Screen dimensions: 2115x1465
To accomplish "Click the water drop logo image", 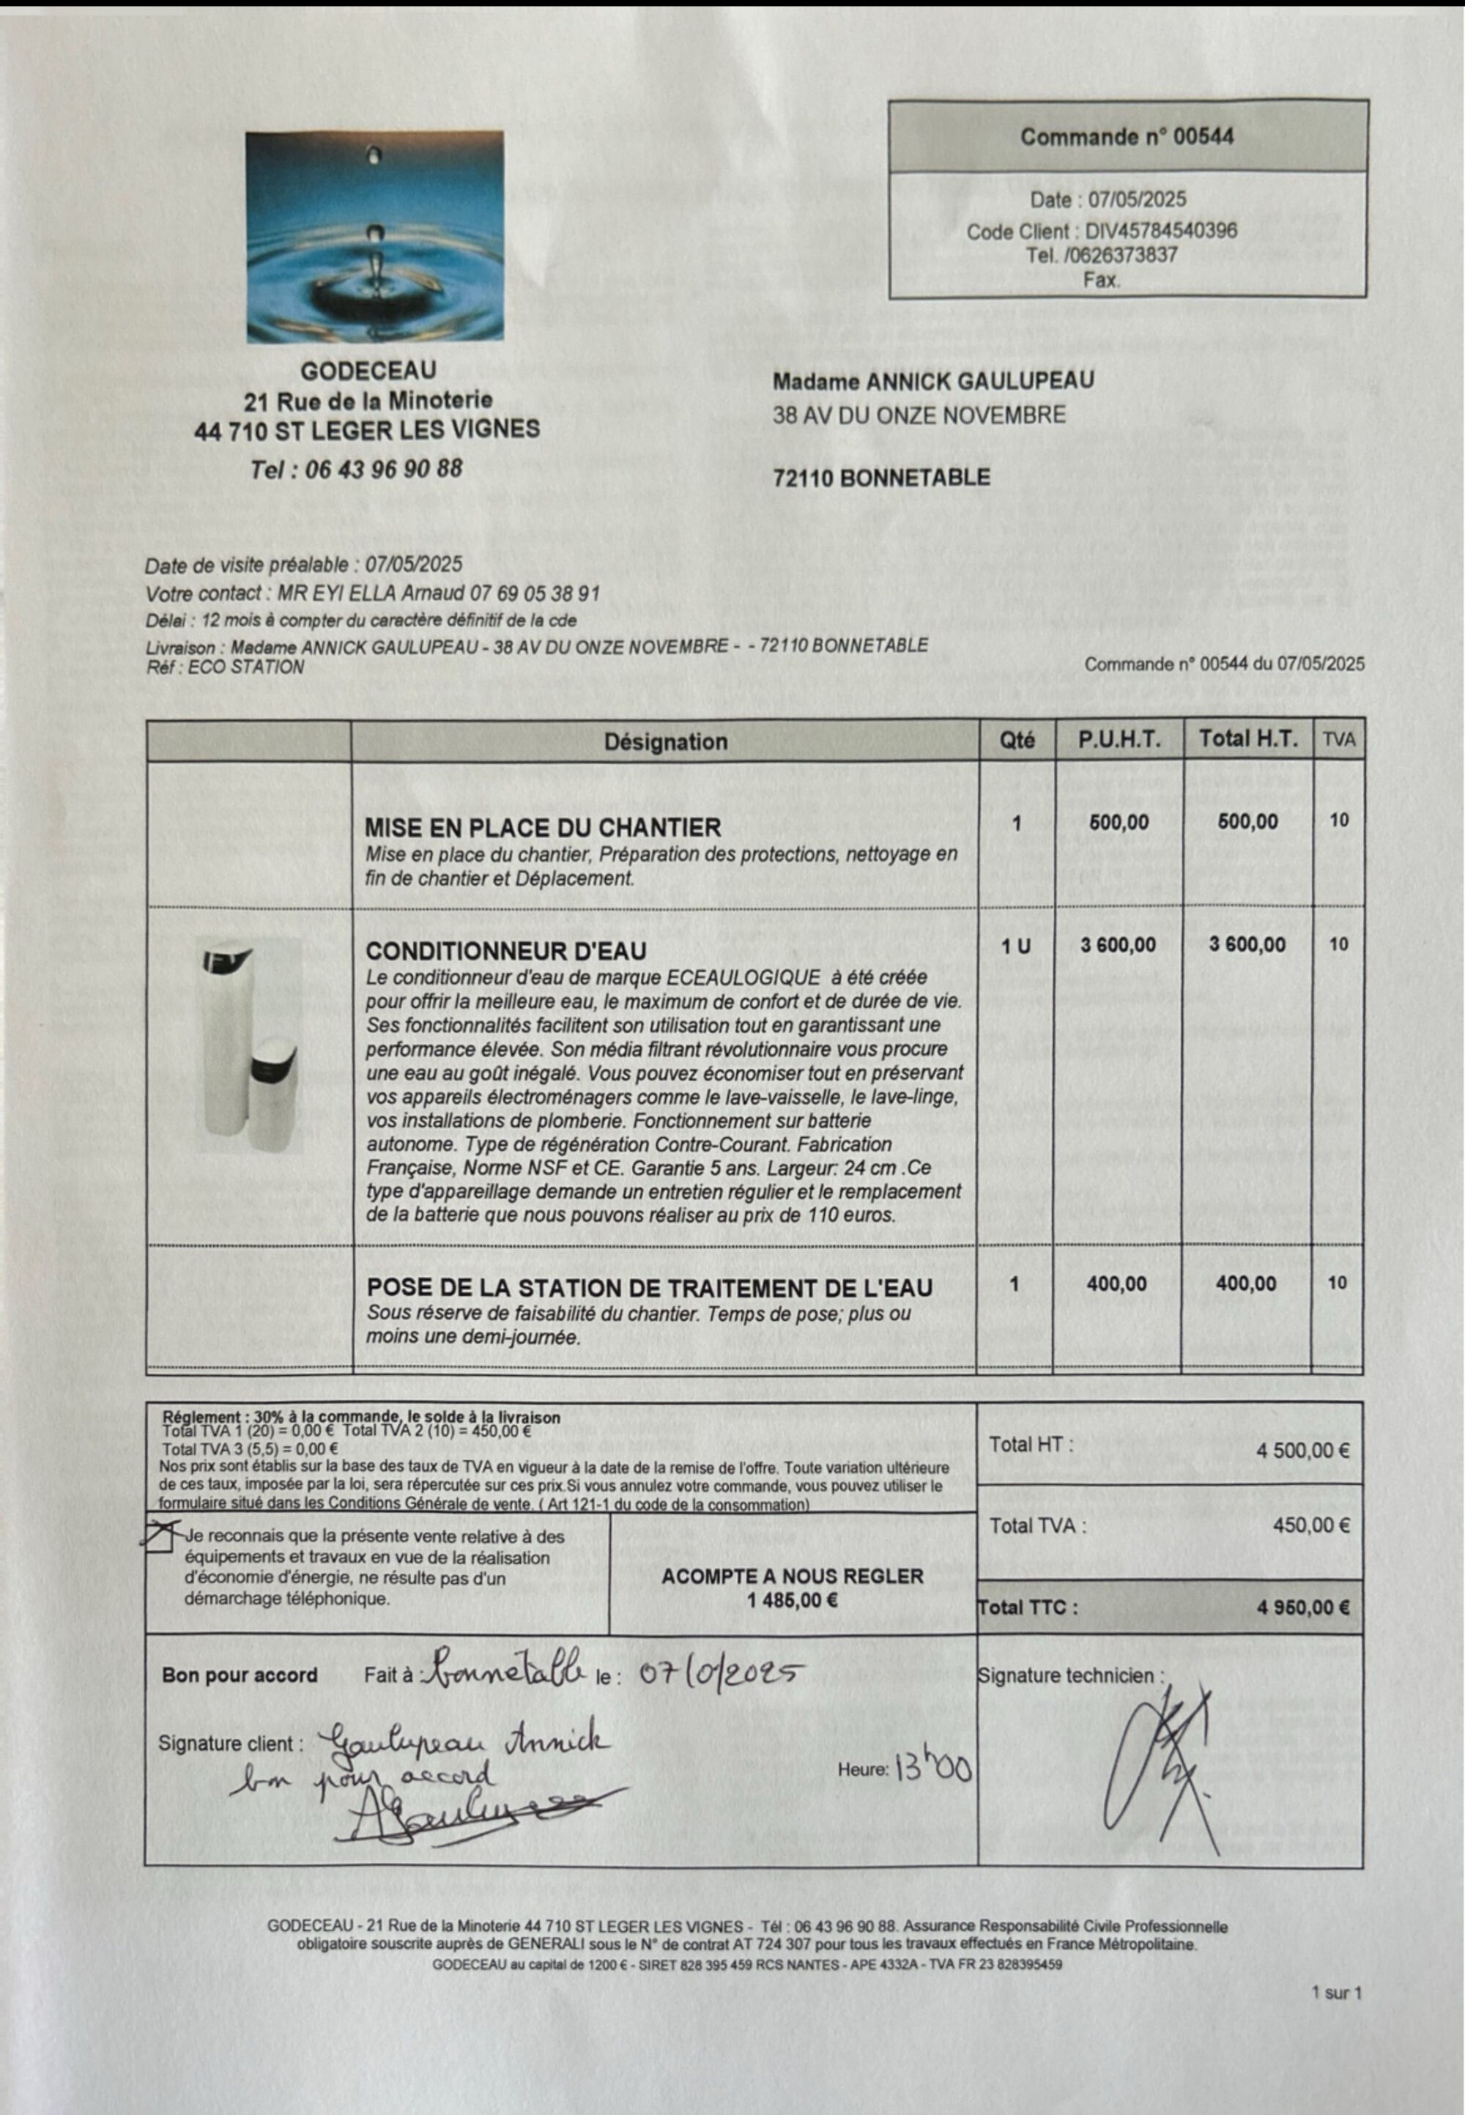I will [374, 236].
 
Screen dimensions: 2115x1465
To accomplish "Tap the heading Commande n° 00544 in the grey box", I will [1127, 138].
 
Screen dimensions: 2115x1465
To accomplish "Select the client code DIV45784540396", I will [1161, 231].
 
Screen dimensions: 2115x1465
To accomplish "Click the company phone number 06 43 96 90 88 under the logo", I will [356, 468].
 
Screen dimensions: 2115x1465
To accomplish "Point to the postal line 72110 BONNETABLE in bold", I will [881, 478].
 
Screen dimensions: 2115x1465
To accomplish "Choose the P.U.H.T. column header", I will [1119, 740].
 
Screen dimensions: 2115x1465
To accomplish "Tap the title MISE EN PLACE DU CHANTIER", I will [543, 827].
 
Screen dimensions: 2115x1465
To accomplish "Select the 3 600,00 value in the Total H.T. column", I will [1247, 944].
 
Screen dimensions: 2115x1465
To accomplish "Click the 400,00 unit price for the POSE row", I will [1116, 1284].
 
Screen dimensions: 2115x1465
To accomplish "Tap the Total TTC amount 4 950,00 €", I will [1302, 1607].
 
